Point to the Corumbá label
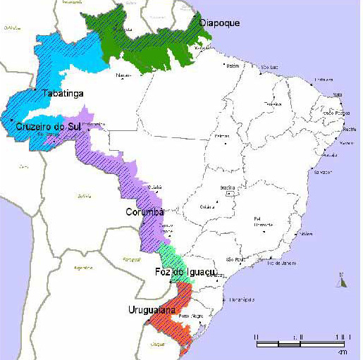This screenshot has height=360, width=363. tap(144, 211)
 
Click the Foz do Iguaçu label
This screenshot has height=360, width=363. tap(183, 273)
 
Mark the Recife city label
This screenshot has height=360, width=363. tap(347, 130)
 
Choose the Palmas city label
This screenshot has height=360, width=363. tap(222, 135)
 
